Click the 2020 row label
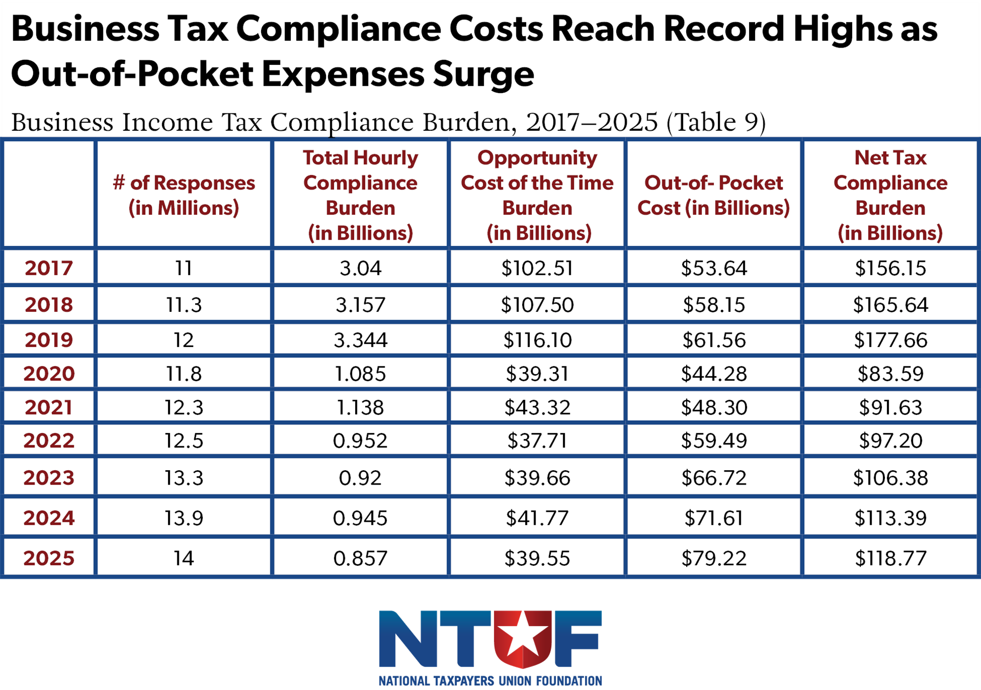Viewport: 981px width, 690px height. (x=49, y=374)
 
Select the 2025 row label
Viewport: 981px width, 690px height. (x=49, y=558)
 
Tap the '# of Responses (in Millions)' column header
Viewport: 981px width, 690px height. (x=184, y=195)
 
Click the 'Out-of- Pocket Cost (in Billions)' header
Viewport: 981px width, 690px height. (x=714, y=195)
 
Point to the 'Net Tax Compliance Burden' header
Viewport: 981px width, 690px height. (x=890, y=195)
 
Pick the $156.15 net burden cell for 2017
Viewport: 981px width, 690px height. (x=890, y=268)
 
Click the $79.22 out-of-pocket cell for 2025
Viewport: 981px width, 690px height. (x=714, y=558)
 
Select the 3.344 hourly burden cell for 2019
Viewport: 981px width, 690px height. (x=361, y=340)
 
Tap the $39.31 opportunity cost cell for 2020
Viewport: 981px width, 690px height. (x=537, y=374)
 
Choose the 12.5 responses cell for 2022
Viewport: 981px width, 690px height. (x=184, y=441)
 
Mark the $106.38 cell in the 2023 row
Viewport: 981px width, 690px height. (x=890, y=478)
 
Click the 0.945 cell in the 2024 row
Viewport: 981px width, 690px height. (x=361, y=518)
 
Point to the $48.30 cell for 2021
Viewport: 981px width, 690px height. (x=714, y=407)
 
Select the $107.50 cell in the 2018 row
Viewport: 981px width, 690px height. (x=537, y=305)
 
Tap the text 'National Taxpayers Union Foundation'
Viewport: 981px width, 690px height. (x=491, y=681)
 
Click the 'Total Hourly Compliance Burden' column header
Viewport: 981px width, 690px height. (x=361, y=195)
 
